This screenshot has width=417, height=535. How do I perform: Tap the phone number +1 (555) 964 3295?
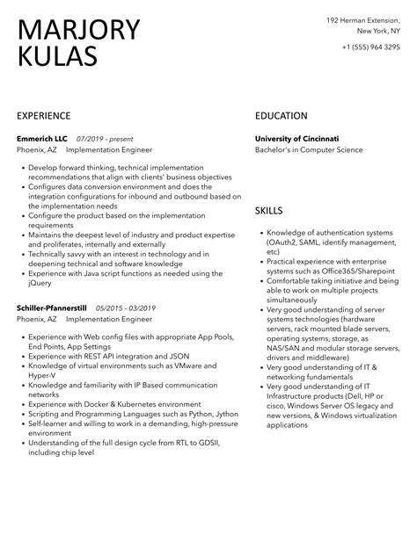click(x=369, y=47)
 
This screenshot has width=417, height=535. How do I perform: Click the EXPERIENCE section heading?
click(x=48, y=116)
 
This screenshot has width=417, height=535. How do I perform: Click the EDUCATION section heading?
click(x=281, y=116)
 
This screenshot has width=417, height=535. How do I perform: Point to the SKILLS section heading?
click(x=269, y=211)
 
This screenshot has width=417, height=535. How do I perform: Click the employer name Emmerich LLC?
click(x=42, y=139)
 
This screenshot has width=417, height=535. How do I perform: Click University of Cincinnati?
click(x=296, y=139)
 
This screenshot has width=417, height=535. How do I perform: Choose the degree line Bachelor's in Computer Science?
click(x=309, y=150)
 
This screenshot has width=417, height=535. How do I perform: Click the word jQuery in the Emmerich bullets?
click(x=40, y=283)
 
